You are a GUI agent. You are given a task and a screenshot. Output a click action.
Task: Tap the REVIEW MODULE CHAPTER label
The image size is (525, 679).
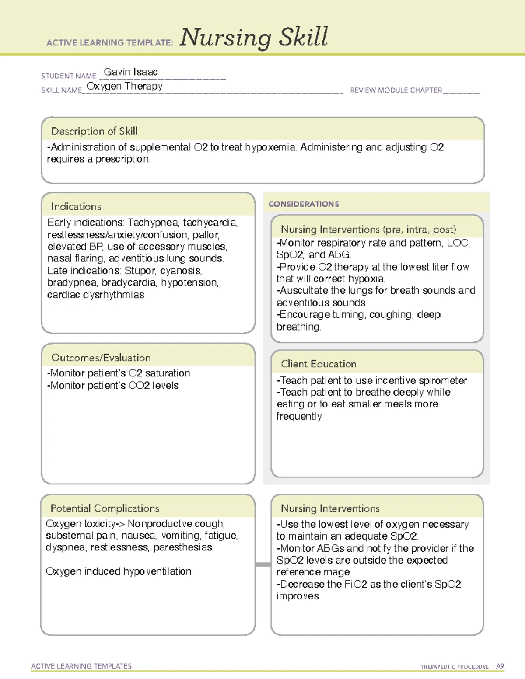(x=396, y=91)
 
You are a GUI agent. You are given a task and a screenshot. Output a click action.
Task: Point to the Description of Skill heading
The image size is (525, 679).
(x=94, y=131)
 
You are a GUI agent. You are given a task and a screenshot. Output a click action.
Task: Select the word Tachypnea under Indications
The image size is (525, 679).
(x=153, y=223)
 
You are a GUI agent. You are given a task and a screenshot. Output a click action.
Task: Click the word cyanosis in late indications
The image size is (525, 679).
(x=181, y=271)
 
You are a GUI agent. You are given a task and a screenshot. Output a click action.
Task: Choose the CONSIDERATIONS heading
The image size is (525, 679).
(x=304, y=204)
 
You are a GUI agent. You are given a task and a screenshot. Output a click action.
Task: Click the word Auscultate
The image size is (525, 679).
(x=304, y=291)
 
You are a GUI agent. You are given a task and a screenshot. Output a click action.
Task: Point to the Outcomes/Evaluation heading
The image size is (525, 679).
(x=101, y=358)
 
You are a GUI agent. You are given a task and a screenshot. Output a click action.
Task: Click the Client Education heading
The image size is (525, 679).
(x=318, y=364)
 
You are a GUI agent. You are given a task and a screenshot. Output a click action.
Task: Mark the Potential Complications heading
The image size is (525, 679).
(x=105, y=508)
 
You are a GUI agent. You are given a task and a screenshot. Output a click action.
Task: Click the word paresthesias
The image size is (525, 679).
(x=183, y=547)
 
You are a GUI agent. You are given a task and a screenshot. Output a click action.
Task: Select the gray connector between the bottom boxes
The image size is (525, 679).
(x=263, y=564)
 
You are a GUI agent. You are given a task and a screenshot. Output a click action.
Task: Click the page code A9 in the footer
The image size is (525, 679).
(x=500, y=666)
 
